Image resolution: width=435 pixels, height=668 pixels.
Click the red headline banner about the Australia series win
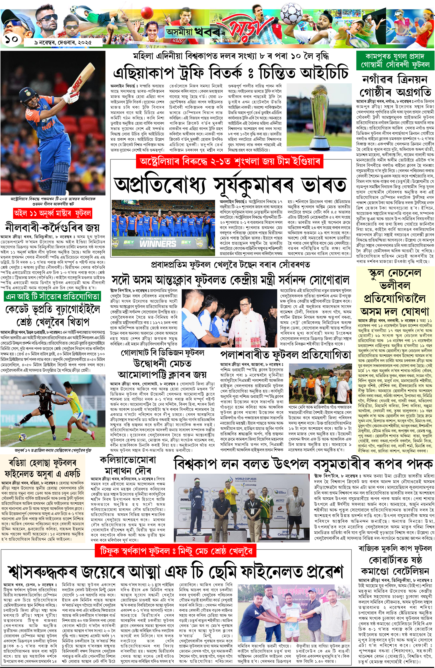point(230,162)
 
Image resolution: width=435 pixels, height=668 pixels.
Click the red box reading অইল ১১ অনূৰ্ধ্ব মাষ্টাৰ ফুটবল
point(52,213)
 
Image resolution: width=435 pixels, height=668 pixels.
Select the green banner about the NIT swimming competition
point(52,296)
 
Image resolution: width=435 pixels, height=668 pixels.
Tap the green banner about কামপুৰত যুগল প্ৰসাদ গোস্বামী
point(395,60)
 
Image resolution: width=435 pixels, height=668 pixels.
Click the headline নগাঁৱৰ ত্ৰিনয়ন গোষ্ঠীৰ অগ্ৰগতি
point(395,86)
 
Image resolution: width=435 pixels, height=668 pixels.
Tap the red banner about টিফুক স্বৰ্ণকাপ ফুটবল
point(175,551)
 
